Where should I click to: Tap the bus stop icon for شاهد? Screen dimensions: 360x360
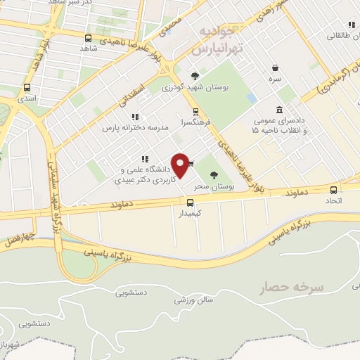pyautogui.click(x=88, y=38)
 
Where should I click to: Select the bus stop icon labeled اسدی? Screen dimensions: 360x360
pyautogui.click(x=27, y=88)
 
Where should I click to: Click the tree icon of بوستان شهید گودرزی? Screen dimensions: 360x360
pyautogui.click(x=195, y=76)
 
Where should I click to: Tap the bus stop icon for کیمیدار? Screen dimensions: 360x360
pyautogui.click(x=190, y=202)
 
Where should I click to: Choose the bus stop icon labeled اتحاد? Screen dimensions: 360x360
pyautogui.click(x=333, y=189)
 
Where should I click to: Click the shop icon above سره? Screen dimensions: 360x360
pyautogui.click(x=274, y=69)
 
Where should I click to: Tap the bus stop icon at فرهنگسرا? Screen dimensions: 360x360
pyautogui.click(x=195, y=111)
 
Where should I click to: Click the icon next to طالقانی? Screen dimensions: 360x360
pyautogui.click(x=351, y=25)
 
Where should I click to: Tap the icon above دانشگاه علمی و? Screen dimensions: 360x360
pyautogui.click(x=144, y=159)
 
